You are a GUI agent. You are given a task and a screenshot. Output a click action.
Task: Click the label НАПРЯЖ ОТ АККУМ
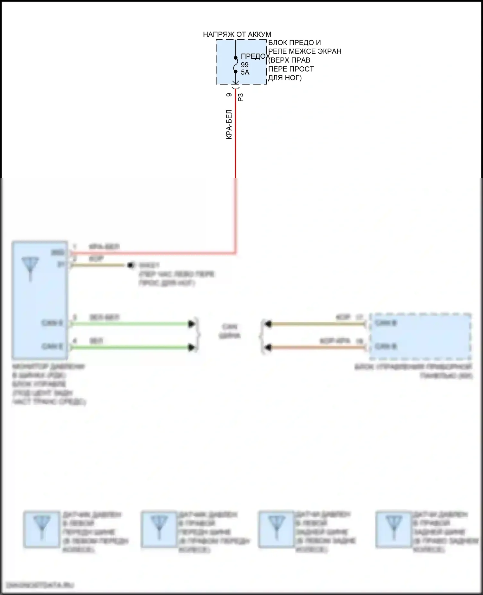pos(237,34)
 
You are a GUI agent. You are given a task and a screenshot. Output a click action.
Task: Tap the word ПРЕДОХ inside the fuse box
pos(255,56)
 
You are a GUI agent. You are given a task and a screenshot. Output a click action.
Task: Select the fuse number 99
pos(245,65)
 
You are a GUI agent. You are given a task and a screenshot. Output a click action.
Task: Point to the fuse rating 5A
pos(245,72)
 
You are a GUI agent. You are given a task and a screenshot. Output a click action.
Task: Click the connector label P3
pos(241,97)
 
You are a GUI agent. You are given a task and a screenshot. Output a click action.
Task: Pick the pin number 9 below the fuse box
pos(229,95)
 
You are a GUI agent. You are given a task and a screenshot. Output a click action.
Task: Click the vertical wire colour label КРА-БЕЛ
pos(229,125)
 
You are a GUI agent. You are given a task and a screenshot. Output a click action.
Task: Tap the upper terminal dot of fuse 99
pos(236,58)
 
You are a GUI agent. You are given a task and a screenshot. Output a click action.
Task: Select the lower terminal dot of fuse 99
pos(236,72)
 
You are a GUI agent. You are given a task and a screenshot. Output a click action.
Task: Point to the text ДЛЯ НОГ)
pos(285,78)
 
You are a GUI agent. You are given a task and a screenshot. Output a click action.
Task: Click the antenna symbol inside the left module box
pos(30,268)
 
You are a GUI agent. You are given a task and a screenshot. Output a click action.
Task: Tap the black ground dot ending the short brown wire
pos(130,265)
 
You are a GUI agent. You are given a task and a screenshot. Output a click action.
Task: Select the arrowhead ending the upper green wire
pos(192,324)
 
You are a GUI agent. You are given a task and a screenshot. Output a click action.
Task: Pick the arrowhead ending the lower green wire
pos(192,347)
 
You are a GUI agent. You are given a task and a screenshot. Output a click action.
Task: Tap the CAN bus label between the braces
pos(230,331)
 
